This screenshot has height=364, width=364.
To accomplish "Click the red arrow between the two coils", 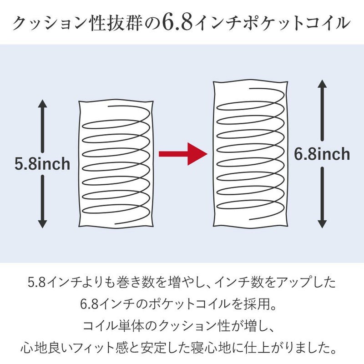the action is (183, 154).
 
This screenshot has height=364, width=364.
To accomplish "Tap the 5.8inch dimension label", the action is (42, 164).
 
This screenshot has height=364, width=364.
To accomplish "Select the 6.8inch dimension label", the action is (322, 154).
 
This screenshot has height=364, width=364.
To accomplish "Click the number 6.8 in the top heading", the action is (177, 23).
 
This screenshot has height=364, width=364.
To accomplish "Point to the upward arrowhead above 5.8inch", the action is (42, 104).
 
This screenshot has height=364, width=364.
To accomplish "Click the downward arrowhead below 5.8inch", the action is (42, 224).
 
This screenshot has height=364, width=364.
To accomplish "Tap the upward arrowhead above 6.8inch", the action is (322, 84).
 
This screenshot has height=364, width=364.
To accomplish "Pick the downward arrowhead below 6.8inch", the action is (322, 224).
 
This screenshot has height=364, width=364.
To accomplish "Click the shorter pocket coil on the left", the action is (116, 164).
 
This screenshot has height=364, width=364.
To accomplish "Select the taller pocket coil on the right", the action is (251, 154).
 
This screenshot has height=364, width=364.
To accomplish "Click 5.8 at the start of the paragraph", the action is (36, 283).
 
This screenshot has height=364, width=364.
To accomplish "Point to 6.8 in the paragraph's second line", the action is (89, 304).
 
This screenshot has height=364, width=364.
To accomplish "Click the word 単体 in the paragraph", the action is (129, 326).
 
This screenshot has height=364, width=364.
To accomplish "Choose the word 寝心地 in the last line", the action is (207, 348).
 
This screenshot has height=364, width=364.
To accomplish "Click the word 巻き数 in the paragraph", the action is (132, 283).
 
